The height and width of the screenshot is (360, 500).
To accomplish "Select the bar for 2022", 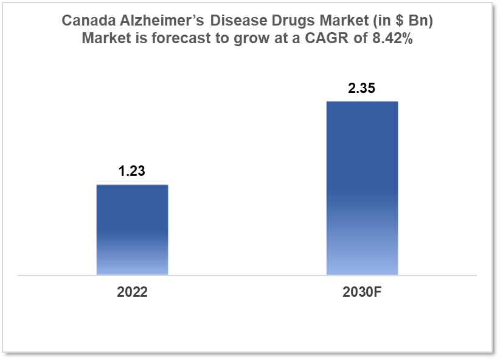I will tap(132, 230).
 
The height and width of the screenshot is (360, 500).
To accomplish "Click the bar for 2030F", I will tap(362, 188).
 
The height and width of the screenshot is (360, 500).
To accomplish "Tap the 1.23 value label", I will tap(131, 171).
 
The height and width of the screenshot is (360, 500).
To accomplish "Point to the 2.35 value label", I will tap(361, 88).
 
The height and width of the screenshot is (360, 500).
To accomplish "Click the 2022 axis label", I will tap(132, 292).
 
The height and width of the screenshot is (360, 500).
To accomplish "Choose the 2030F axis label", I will tap(361, 292).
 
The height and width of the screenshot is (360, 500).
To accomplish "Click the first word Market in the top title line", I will tap(336, 21).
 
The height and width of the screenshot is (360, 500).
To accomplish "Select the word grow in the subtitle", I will tap(232, 38).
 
